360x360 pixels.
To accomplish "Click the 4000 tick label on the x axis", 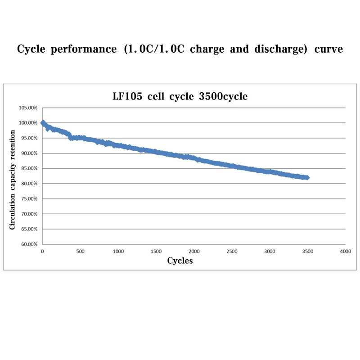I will pos(345,252).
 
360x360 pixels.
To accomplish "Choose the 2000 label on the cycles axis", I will pos(194,252).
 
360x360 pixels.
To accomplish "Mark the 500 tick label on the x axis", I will pos(80,252).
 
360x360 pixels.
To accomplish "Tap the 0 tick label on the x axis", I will pos(42,252).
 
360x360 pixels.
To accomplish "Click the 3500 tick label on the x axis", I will pos(307,252).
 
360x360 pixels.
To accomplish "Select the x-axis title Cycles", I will pos(180,261).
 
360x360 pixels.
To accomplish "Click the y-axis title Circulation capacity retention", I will pos(13,180).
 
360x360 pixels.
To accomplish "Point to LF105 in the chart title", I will pos(128,96).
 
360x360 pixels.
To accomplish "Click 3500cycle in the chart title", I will pos(223,96).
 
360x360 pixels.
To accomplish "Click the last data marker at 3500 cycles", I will pos(307,178).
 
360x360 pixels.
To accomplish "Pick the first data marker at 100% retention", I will pos(43,122).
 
